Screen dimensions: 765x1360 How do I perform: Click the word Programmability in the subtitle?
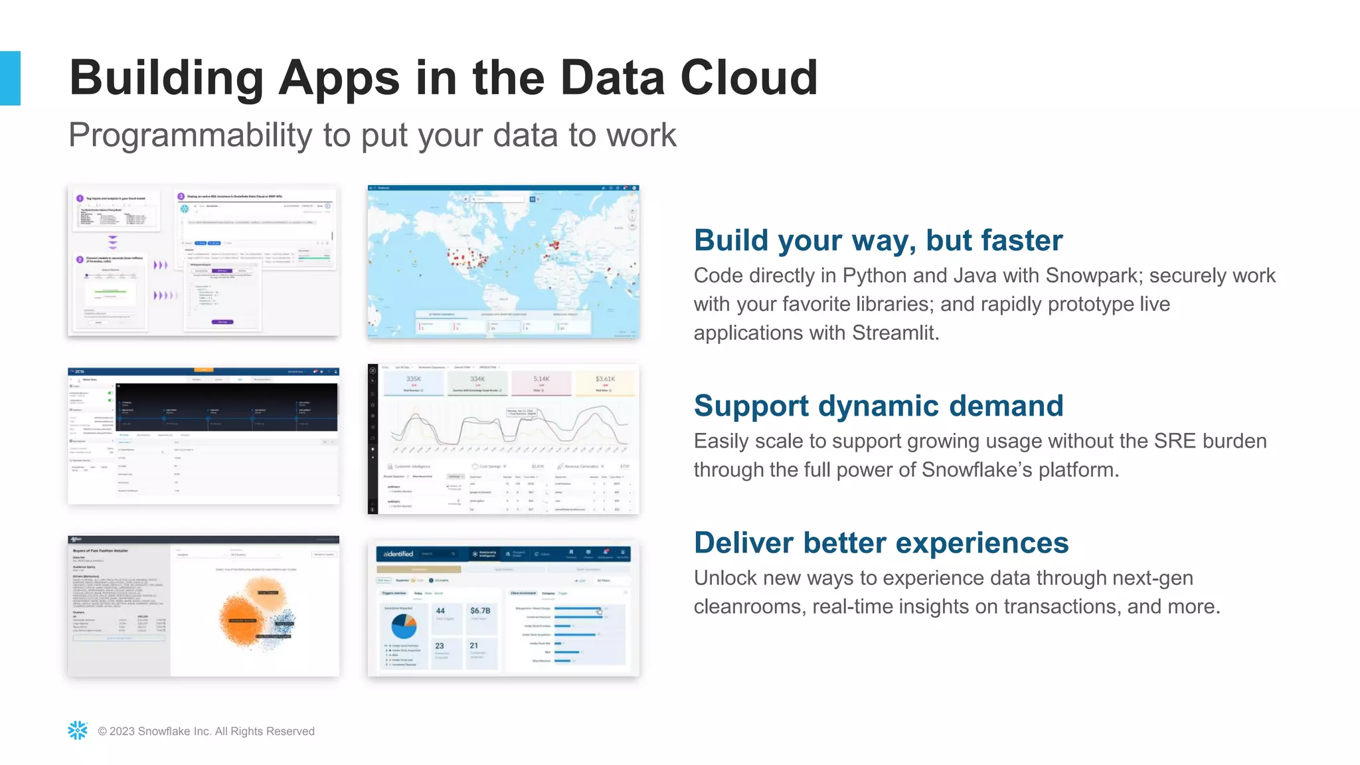190,135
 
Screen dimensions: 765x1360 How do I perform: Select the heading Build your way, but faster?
878,240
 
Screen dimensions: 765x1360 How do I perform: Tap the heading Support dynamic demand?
878,406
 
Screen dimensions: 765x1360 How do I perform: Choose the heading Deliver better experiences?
881,543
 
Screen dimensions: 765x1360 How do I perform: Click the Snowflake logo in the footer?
78,730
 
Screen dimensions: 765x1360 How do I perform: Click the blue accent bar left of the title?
10,78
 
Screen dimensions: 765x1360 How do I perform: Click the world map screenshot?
503,262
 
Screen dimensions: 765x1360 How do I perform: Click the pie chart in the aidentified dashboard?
404,626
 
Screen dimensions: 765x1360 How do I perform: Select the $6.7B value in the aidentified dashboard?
479,611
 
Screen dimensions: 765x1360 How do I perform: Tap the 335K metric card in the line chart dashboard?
414,382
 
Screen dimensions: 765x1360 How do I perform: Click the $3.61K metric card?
605,382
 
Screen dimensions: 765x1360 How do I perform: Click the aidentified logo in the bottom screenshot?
398,554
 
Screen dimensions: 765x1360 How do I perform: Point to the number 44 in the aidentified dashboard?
440,611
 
